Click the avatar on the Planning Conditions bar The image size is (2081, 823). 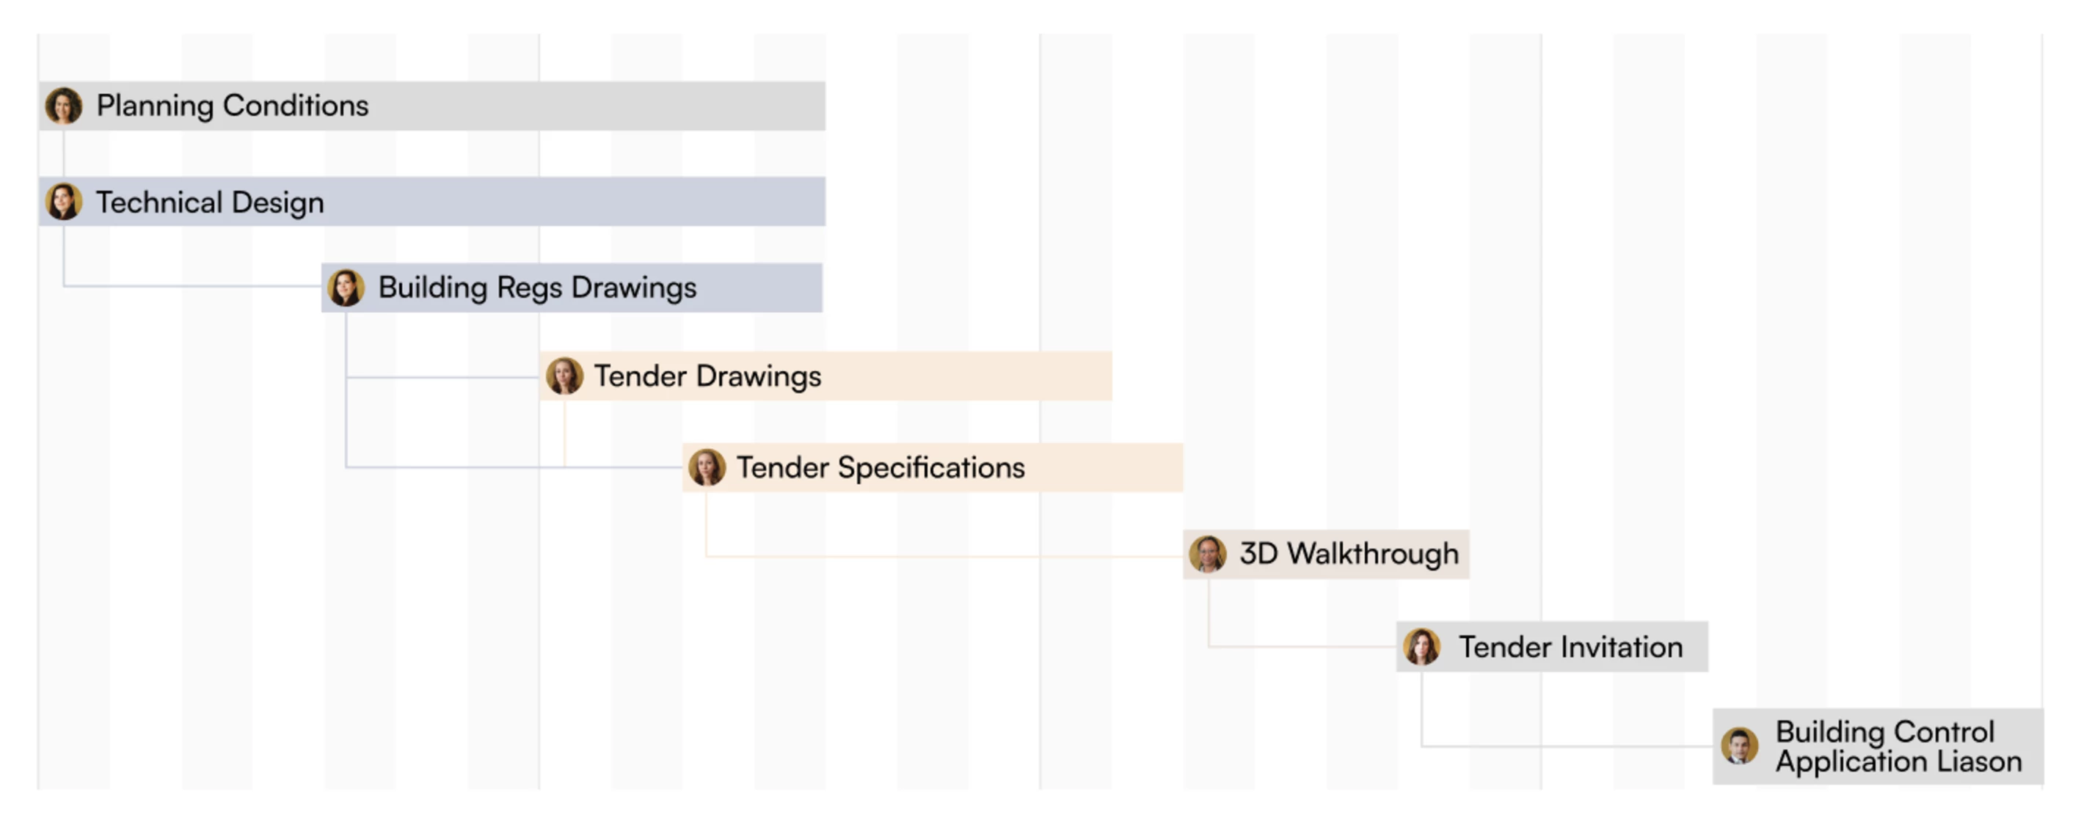pos(64,106)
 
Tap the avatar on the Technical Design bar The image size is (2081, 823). pos(64,202)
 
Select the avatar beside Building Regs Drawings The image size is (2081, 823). pos(346,288)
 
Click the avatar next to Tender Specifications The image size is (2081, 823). pos(707,468)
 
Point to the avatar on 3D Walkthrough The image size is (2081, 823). pos(1208,554)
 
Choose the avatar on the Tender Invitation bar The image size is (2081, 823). pos(1422,647)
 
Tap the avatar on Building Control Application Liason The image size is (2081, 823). pos(1739,745)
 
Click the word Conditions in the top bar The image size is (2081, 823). pos(296,106)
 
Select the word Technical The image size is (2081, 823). pos(158,202)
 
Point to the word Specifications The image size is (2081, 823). pos(931,468)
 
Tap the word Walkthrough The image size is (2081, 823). pos(1374,554)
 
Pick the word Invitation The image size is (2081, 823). pos(1622,647)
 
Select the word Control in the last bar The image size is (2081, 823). pos(1945,732)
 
